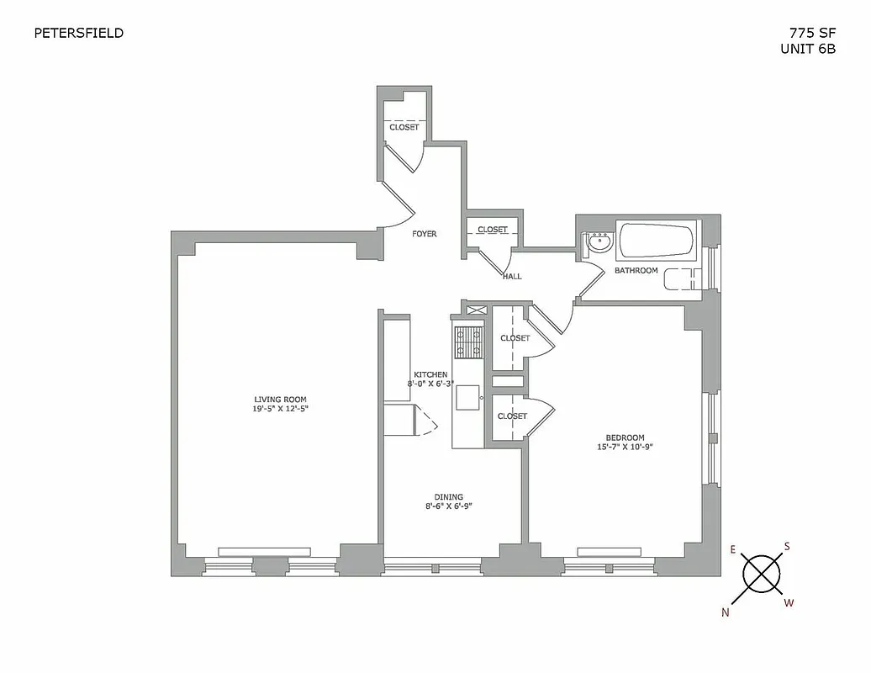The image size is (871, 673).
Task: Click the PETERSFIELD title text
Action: [x=78, y=33]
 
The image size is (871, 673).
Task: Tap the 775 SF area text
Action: [x=812, y=33]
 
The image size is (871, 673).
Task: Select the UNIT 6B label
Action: [x=808, y=49]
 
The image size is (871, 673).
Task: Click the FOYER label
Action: [x=424, y=234]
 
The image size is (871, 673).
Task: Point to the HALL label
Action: [x=511, y=276]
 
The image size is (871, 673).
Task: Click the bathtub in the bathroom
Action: [x=656, y=241]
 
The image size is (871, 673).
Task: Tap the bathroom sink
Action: [x=599, y=243]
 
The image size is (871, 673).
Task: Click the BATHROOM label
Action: [x=636, y=271]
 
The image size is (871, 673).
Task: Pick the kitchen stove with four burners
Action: [x=467, y=342]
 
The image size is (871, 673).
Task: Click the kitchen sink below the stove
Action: [x=467, y=396]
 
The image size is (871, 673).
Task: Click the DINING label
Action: [x=449, y=497]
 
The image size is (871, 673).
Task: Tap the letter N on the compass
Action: [x=726, y=612]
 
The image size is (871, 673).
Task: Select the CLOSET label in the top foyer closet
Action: [x=404, y=128]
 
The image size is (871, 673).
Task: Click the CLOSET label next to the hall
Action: [x=492, y=230]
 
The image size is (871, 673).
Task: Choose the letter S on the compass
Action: [x=787, y=546]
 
